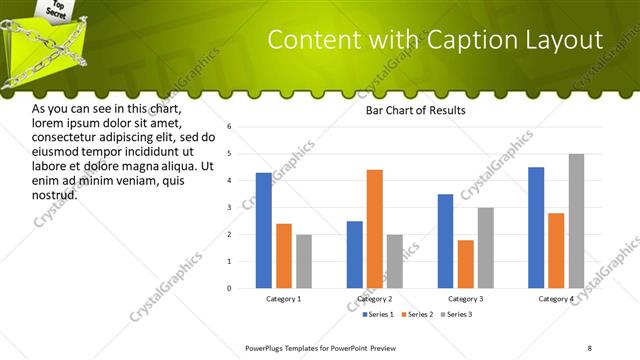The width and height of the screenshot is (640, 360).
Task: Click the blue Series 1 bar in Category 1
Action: pos(264,230)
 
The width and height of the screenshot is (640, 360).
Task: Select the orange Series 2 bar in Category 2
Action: pos(375,229)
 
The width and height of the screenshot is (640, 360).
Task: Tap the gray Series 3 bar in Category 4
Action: pos(576,221)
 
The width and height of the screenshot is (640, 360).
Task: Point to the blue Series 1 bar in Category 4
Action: pos(536,227)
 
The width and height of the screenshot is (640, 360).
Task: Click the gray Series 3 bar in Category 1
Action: pos(304,261)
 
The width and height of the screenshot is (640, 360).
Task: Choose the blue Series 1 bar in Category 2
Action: pos(355,254)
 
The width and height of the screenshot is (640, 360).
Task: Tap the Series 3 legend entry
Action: pos(457,314)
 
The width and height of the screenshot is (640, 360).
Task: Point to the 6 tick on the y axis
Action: pos(230,127)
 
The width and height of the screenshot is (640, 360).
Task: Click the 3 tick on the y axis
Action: pos(230,208)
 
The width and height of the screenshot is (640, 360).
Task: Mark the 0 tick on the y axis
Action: pos(230,289)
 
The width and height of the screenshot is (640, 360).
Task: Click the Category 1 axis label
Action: pos(284,299)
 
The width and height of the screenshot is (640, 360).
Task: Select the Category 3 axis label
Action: pos(465,299)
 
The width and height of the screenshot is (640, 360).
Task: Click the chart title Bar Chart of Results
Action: pos(415,111)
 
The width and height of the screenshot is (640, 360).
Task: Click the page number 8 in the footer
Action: pos(590,347)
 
